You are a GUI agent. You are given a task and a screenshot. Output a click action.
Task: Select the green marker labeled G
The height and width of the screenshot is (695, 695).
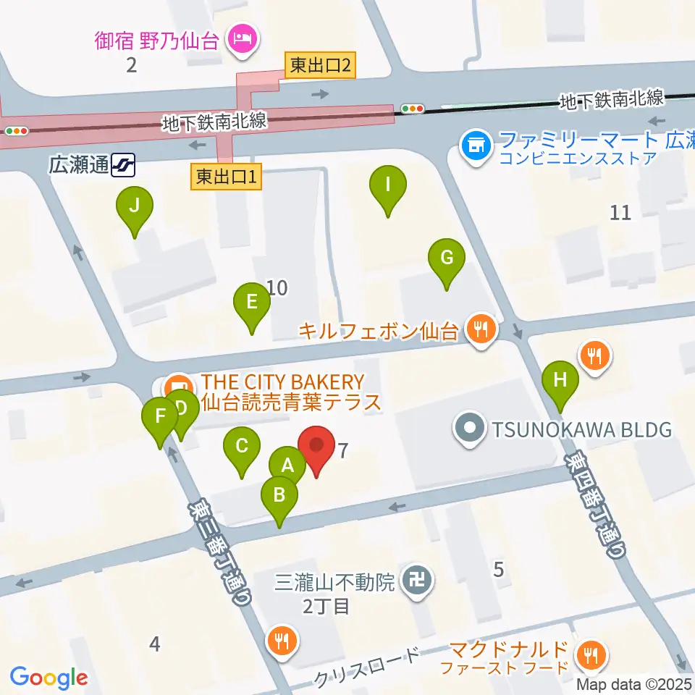[446, 258]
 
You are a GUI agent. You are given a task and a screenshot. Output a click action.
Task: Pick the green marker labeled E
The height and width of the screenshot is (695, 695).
[252, 302]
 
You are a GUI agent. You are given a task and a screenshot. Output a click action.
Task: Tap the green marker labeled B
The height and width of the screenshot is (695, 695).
[279, 496]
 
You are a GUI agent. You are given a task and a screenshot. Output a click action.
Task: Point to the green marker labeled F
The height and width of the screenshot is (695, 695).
[159, 418]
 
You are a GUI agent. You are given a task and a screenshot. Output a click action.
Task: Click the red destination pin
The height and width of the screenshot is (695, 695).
[316, 445]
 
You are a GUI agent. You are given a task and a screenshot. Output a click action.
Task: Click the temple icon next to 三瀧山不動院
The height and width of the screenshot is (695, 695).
[418, 581]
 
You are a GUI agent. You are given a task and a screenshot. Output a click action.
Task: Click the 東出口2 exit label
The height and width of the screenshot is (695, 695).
[320, 66]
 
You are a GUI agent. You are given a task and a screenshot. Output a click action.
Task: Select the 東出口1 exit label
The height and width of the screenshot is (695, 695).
[227, 176]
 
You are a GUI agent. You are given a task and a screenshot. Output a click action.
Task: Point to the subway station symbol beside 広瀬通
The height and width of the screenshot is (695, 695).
[123, 166]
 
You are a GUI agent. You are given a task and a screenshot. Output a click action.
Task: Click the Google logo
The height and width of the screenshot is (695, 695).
[49, 678]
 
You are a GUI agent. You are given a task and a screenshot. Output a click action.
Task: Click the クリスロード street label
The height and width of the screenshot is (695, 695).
[367, 667]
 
